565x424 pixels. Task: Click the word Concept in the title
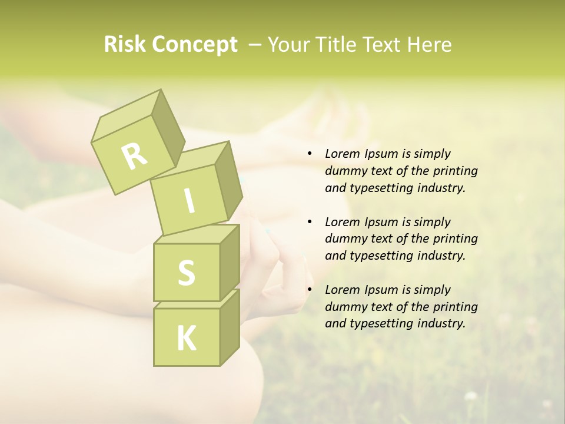click(x=194, y=45)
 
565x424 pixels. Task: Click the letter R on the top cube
click(x=134, y=155)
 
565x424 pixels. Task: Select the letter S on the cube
click(x=186, y=273)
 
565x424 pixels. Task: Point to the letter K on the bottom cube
click(x=186, y=338)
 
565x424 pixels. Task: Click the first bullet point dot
click(x=310, y=154)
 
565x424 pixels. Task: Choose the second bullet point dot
click(x=310, y=222)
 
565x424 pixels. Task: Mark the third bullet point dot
click(x=310, y=290)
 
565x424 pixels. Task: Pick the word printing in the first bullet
click(x=456, y=171)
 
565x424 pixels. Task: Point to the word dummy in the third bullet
click(x=344, y=307)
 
